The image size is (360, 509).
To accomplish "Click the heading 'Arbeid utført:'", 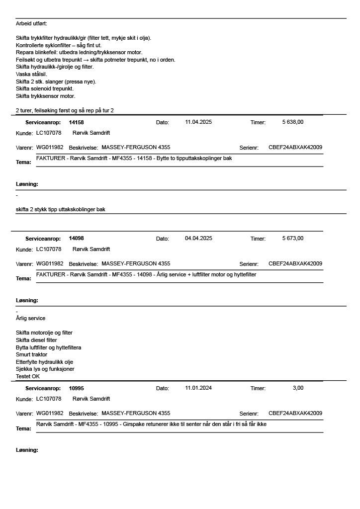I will coord(31,23).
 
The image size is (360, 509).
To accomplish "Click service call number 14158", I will coord(77,122).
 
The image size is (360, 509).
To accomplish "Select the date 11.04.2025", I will coord(198,122).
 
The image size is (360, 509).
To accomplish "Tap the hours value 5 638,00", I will coord(293,122).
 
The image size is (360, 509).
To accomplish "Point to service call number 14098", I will coord(77,239).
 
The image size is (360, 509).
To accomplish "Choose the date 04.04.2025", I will coord(198,238).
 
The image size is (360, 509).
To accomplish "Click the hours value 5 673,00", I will coord(293,238).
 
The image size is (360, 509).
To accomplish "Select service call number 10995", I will coord(77,388).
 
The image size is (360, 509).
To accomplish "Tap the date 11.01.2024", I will coord(198,388).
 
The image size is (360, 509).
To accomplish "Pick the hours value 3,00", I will coord(298,388).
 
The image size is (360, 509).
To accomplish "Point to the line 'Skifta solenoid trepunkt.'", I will coord(45,88).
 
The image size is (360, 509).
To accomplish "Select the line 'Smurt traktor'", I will coord(31,354).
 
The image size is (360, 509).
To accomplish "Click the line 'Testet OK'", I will coord(28,376).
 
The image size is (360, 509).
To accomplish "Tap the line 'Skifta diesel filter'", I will coord(36,340).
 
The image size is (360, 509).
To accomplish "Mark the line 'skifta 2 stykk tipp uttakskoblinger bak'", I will coord(60,209).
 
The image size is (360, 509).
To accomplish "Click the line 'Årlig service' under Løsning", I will coord(30,318).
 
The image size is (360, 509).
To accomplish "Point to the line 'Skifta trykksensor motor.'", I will coord(45,96).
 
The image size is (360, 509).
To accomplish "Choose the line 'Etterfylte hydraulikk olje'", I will coord(44,362).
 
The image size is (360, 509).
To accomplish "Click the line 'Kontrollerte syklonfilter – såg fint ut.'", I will coord(59,45).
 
